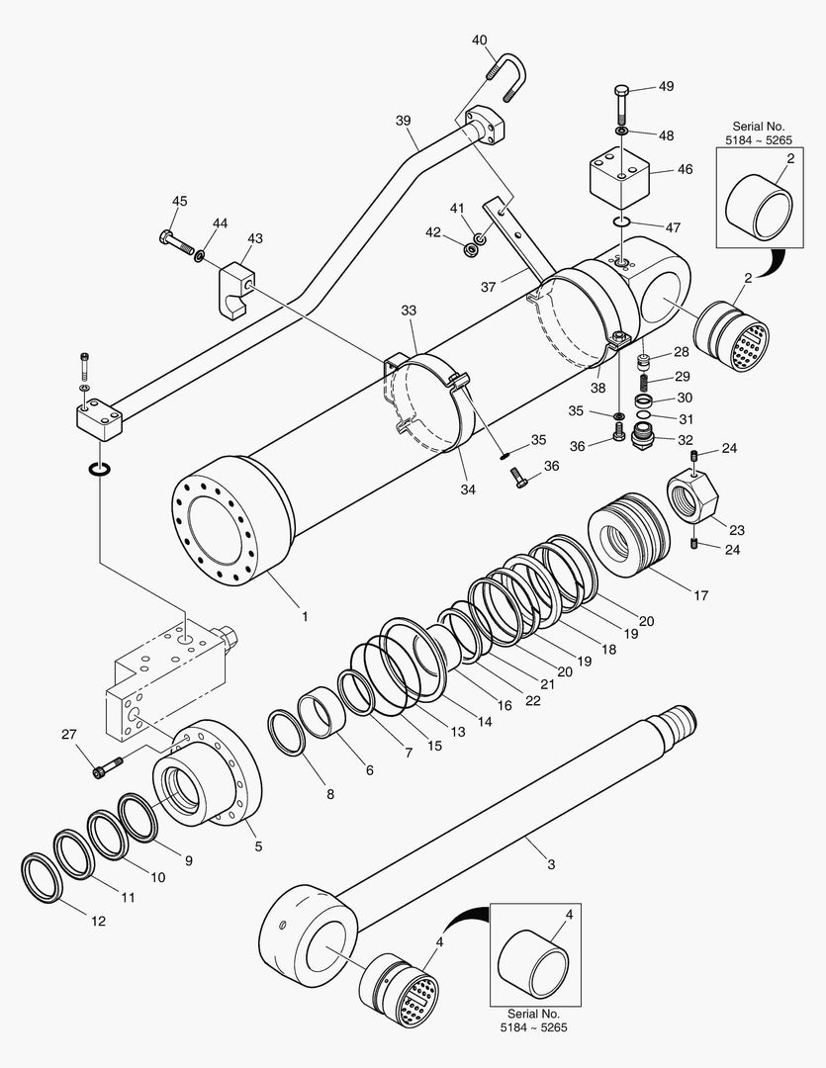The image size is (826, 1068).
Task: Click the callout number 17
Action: pos(701,595)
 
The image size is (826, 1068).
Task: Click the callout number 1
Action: pos(305,616)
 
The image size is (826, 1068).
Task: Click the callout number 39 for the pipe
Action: pos(403,120)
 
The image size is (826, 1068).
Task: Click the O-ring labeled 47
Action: pos(620,221)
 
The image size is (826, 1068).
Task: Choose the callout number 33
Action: pos(410,310)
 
